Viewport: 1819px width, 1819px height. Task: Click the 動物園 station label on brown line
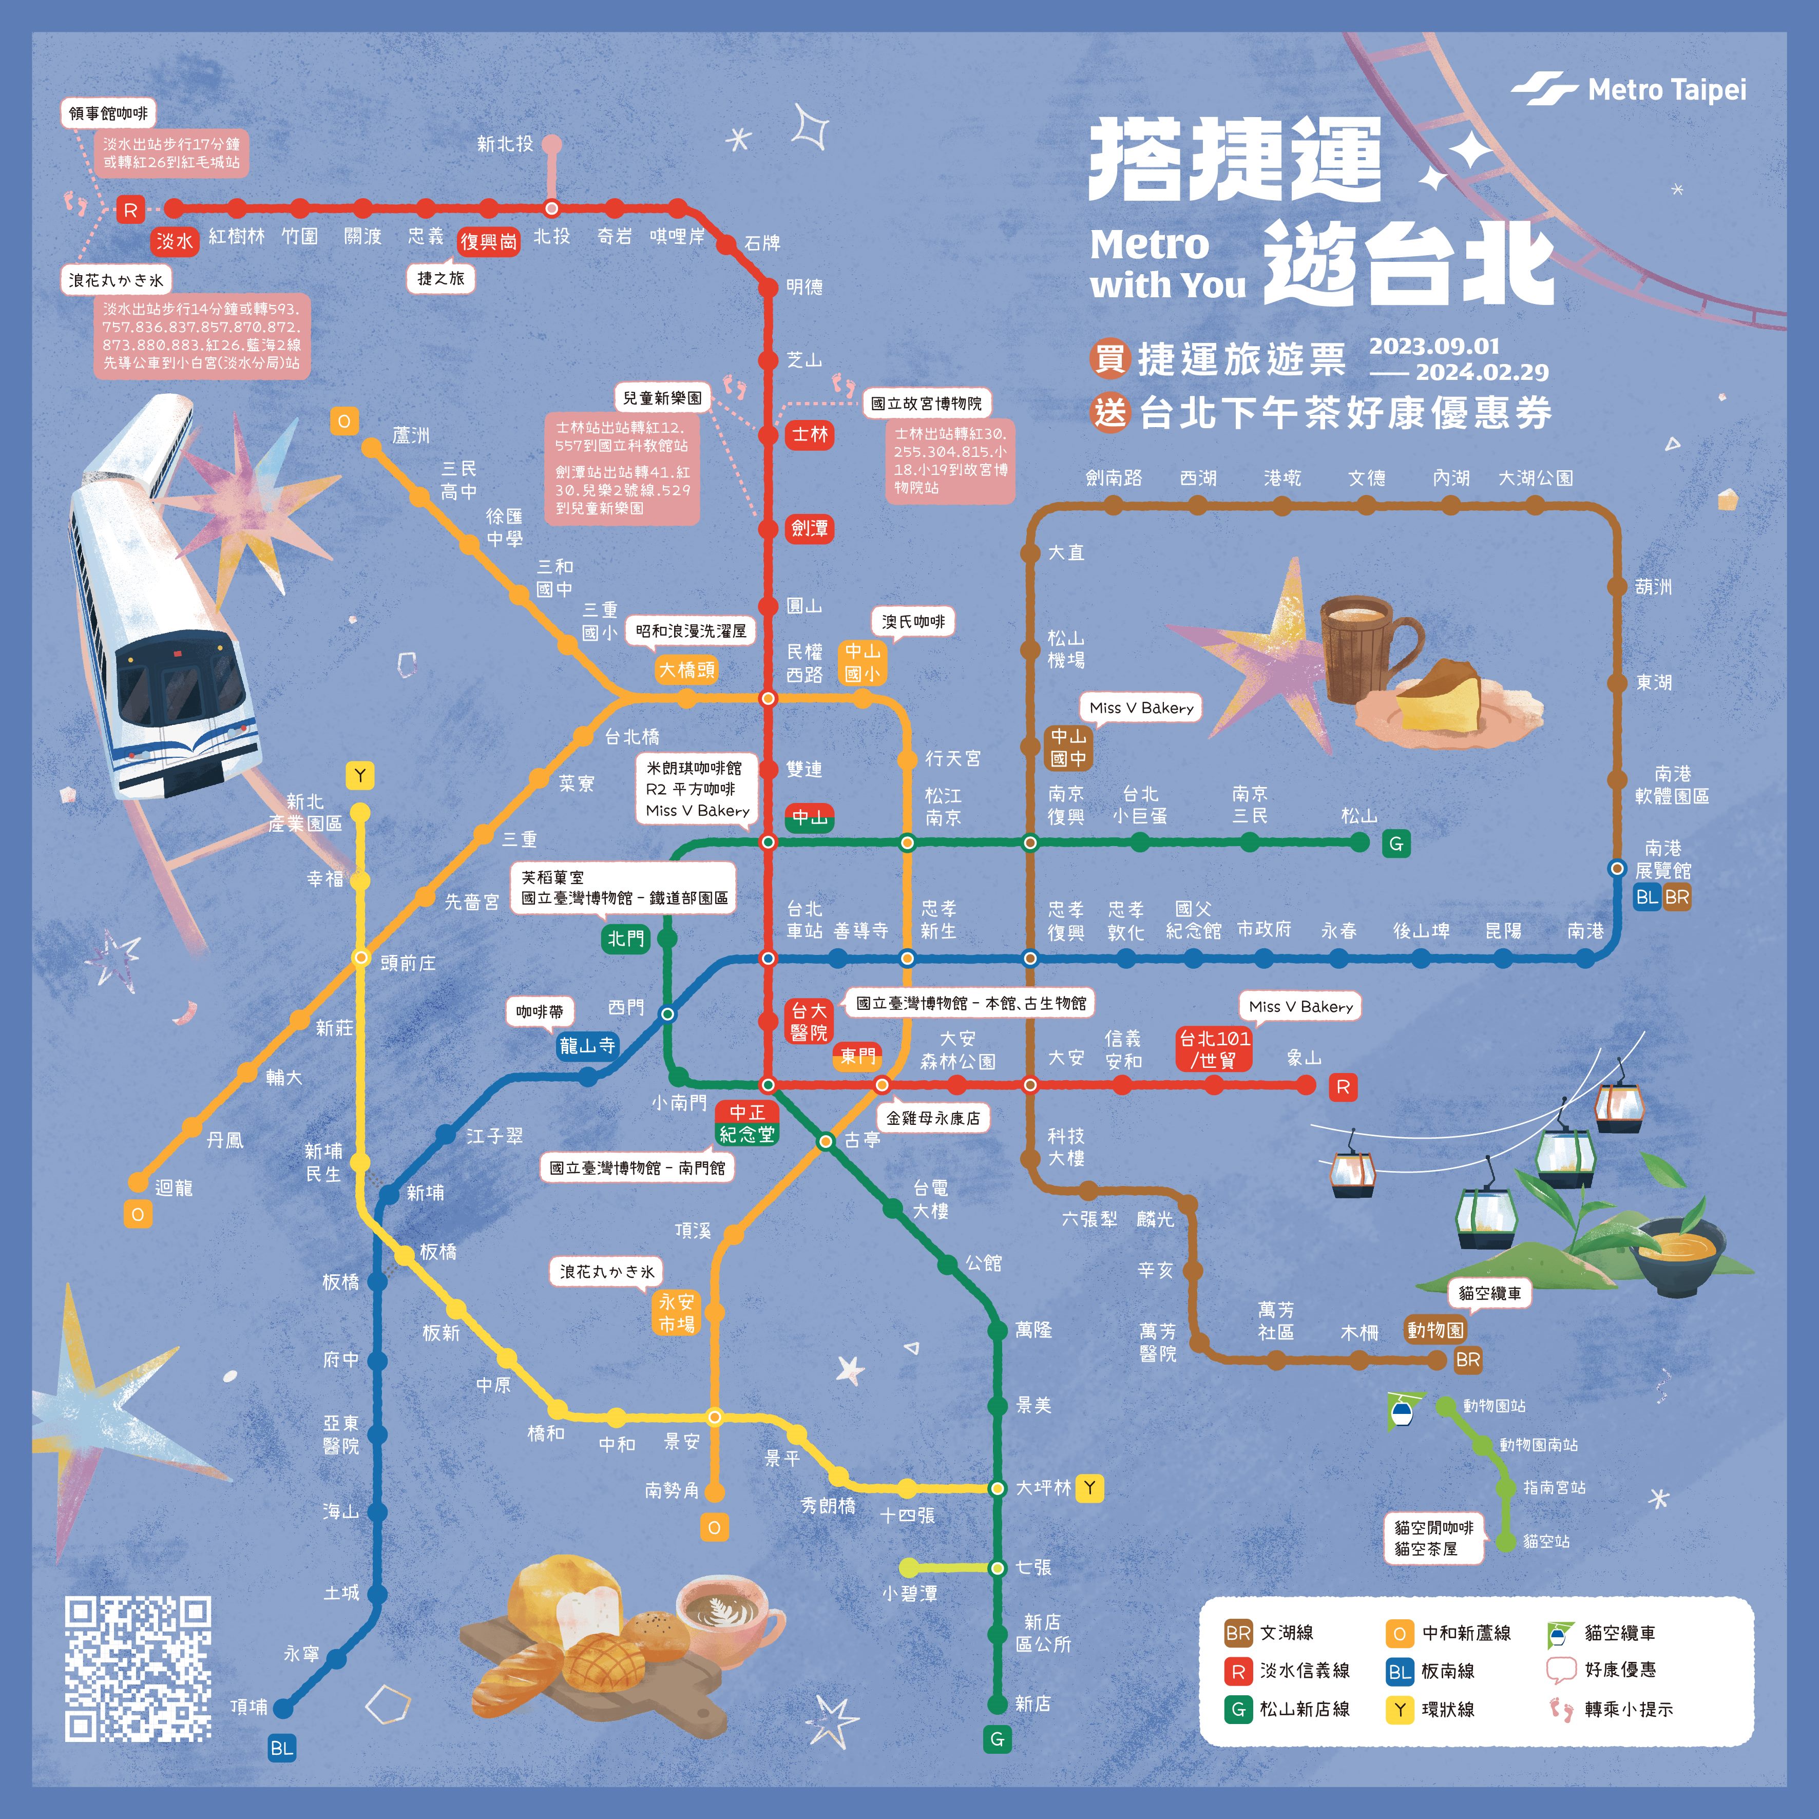click(x=1435, y=1329)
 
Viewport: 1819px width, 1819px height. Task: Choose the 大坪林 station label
click(x=1043, y=1487)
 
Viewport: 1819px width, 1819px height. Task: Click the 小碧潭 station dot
click(x=909, y=1567)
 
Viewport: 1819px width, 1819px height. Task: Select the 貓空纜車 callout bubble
click(x=1489, y=1294)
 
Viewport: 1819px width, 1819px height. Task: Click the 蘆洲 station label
click(x=411, y=435)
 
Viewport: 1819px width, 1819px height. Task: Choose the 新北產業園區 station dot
click(x=360, y=813)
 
